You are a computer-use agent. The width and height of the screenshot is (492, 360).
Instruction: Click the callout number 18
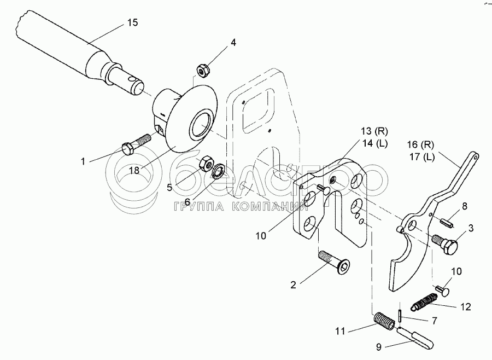(x=134, y=170)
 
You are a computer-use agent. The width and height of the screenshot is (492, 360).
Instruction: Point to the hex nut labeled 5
(x=207, y=162)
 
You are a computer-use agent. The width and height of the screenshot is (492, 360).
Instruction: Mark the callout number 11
(x=341, y=330)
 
